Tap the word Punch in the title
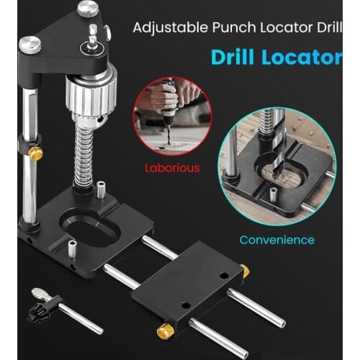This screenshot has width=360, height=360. click(230, 30)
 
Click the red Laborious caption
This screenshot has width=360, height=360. click(171, 168)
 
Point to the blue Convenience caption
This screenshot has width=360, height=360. click(277, 240)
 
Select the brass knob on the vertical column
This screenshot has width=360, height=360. click(34, 153)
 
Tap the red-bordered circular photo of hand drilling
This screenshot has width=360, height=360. click(171, 117)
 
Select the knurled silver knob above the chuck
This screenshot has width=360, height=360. click(89, 9)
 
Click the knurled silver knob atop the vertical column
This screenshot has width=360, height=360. click(30, 45)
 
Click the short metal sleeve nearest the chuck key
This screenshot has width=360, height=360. click(73, 250)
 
